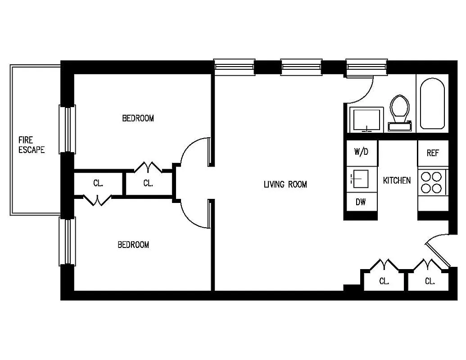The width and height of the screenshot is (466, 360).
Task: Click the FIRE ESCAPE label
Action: pos(32,145)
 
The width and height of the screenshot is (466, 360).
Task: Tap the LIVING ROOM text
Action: pos(285,184)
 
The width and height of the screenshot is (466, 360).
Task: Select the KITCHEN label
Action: pos(397,180)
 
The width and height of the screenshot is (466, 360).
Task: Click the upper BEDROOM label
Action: pos(138,118)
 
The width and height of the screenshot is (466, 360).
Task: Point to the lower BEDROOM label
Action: pos(133,245)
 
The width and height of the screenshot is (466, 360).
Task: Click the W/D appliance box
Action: pos(361,152)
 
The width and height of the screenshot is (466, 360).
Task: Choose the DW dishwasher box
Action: pos(361,202)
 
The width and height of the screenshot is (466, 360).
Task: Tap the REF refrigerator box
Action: pos(432,153)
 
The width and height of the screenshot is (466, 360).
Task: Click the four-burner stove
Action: pos(431,182)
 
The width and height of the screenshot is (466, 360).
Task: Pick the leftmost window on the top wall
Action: pos(234,67)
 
